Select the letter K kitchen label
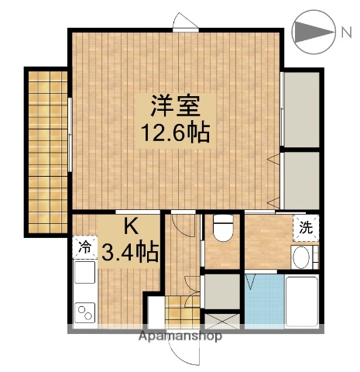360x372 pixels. coord(130,227)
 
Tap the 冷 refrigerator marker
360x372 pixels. coord(84,247)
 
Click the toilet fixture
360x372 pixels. coord(222,229)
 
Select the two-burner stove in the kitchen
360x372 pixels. coord(84,312)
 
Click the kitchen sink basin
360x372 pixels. coord(84,274)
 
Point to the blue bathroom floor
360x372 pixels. coord(264,302)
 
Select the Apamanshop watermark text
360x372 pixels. coord(180,336)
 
